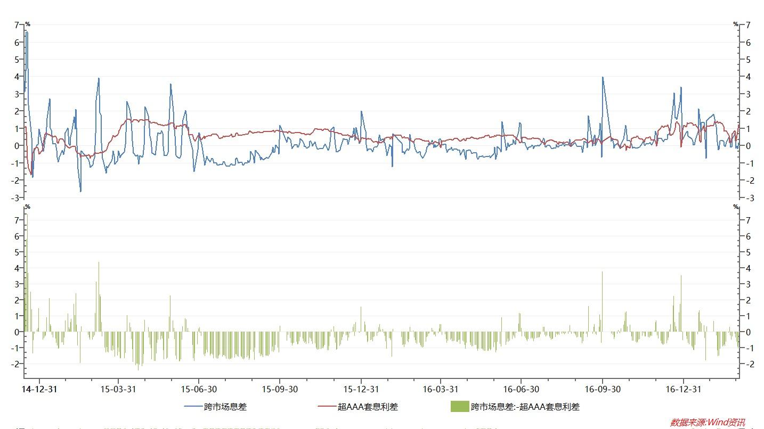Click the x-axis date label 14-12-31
click(40, 389)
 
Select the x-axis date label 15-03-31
click(118, 389)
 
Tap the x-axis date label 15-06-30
click(199, 389)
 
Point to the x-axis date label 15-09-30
click(280, 389)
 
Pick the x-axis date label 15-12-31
click(361, 389)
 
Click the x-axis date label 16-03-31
click(441, 389)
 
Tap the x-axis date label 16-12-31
click(683, 389)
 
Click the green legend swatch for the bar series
click(459, 407)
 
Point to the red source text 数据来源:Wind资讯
click(708, 423)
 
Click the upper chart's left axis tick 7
click(17, 25)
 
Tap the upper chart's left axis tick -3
click(16, 198)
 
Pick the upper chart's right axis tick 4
click(748, 77)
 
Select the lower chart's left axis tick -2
click(16, 364)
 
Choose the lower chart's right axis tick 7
click(748, 220)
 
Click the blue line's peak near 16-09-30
click(603, 77)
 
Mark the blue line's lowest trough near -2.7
click(81, 192)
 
